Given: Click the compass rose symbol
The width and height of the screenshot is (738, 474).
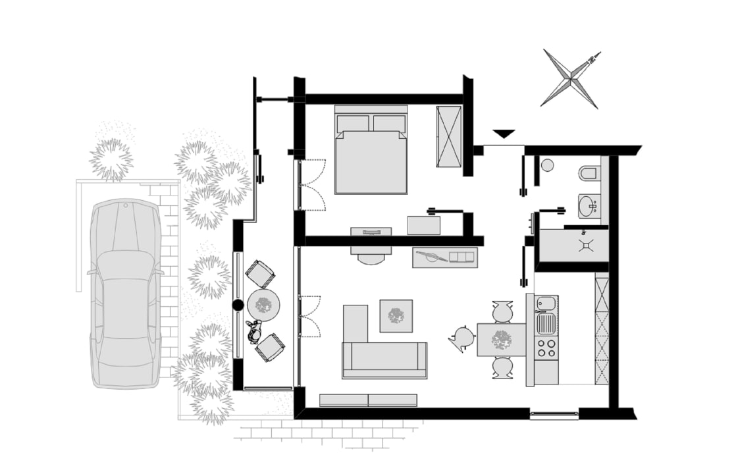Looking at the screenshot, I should pos(570,80).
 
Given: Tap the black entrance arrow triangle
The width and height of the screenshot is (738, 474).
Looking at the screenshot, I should pos(504,134).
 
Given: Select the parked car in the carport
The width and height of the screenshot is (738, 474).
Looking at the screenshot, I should pos(125,292).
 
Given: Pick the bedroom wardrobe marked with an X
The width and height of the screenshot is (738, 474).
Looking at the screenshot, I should pos(450,136).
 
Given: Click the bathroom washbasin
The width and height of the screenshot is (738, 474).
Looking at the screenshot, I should pos(589,206).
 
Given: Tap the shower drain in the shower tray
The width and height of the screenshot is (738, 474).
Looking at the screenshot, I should pos(586,245).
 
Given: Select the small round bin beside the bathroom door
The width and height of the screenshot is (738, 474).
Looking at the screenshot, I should pos(548,165).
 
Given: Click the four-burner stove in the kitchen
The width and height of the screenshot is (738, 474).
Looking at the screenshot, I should pos(546,348).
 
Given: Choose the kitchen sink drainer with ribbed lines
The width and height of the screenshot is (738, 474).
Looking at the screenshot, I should pos(546,323).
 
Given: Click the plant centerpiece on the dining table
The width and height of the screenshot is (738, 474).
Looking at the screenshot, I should pos(502,339).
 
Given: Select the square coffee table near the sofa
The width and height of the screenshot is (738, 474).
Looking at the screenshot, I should pos(396,316).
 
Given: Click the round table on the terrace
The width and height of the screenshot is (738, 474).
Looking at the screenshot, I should pos(263,305).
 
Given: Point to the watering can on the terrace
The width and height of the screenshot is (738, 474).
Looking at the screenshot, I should pos(254,331).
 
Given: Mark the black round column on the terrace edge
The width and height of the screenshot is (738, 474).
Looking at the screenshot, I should pos(238,305).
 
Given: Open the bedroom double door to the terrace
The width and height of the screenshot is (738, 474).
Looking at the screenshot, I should pos(311,185).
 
